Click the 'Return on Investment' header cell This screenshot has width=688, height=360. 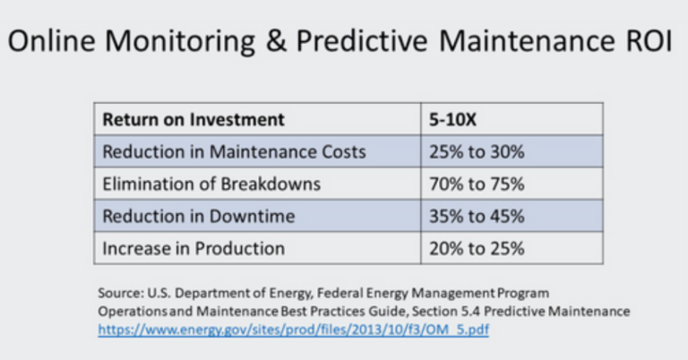click(193, 119)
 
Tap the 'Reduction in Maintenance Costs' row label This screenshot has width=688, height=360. click(235, 151)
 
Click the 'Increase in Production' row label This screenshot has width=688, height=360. click(193, 248)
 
